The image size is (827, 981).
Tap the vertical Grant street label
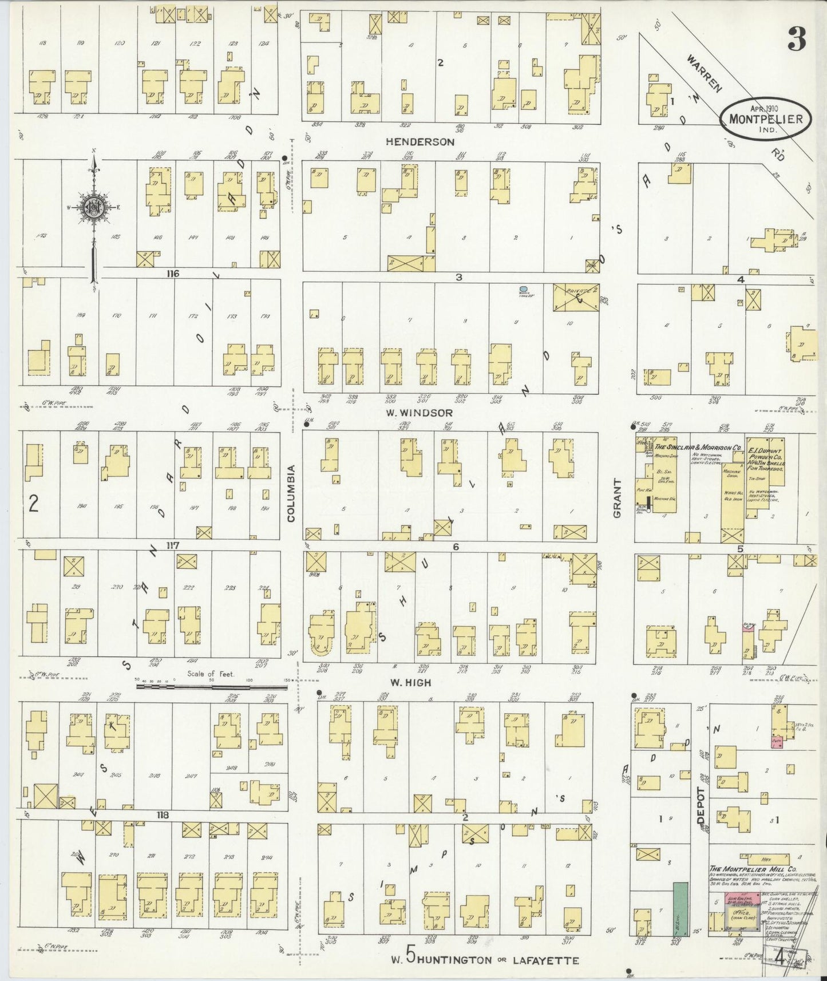point(617,498)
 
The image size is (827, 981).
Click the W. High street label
point(410,682)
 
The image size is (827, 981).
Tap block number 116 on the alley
point(173,274)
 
